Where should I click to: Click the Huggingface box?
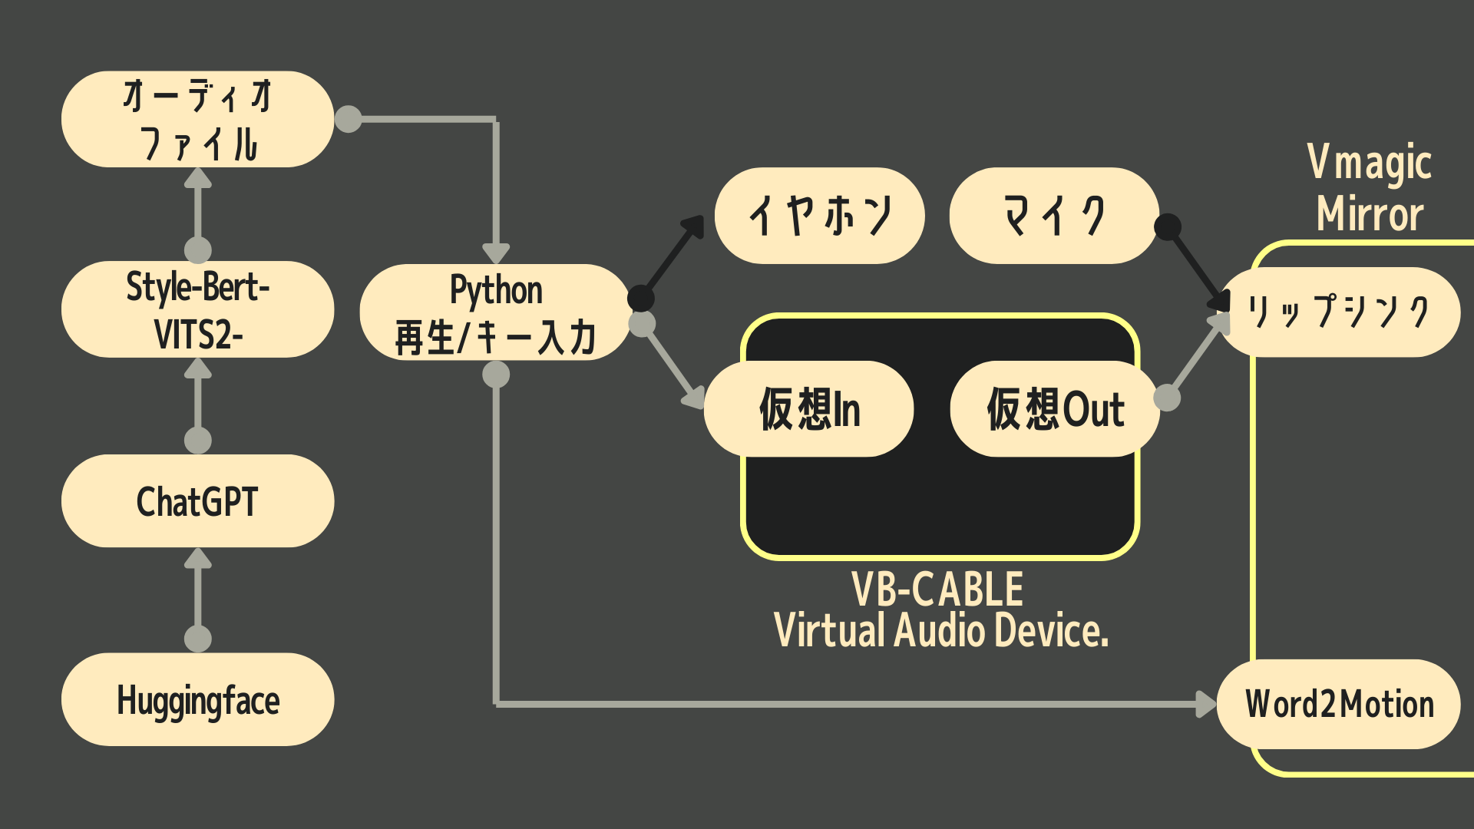pyautogui.click(x=197, y=699)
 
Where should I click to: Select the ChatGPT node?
pyautogui.click(x=197, y=501)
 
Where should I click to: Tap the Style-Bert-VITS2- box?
pyautogui.click(x=197, y=309)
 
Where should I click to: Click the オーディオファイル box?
pyautogui.click(x=197, y=119)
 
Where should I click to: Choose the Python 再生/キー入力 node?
pyautogui.click(x=495, y=312)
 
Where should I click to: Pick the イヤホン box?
pyautogui.click(x=819, y=216)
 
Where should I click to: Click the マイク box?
pyautogui.click(x=1053, y=216)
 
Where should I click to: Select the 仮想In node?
pyautogui.click(x=808, y=408)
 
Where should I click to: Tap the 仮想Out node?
pyautogui.click(x=1054, y=408)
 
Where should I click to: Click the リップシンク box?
pyautogui.click(x=1340, y=312)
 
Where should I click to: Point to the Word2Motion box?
pyautogui.click(x=1339, y=704)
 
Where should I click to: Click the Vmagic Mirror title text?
pyautogui.click(x=1370, y=188)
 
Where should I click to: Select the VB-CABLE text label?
pyautogui.click(x=937, y=590)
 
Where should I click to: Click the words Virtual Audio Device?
pyautogui.click(x=941, y=631)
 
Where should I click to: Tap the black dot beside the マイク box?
pyautogui.click(x=1168, y=226)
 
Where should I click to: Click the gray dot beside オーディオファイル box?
pyautogui.click(x=349, y=119)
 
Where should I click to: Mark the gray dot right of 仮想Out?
pyautogui.click(x=1167, y=398)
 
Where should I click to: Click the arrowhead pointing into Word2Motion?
pyautogui.click(x=1207, y=704)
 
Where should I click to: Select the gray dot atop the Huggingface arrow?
pyautogui.click(x=198, y=639)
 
